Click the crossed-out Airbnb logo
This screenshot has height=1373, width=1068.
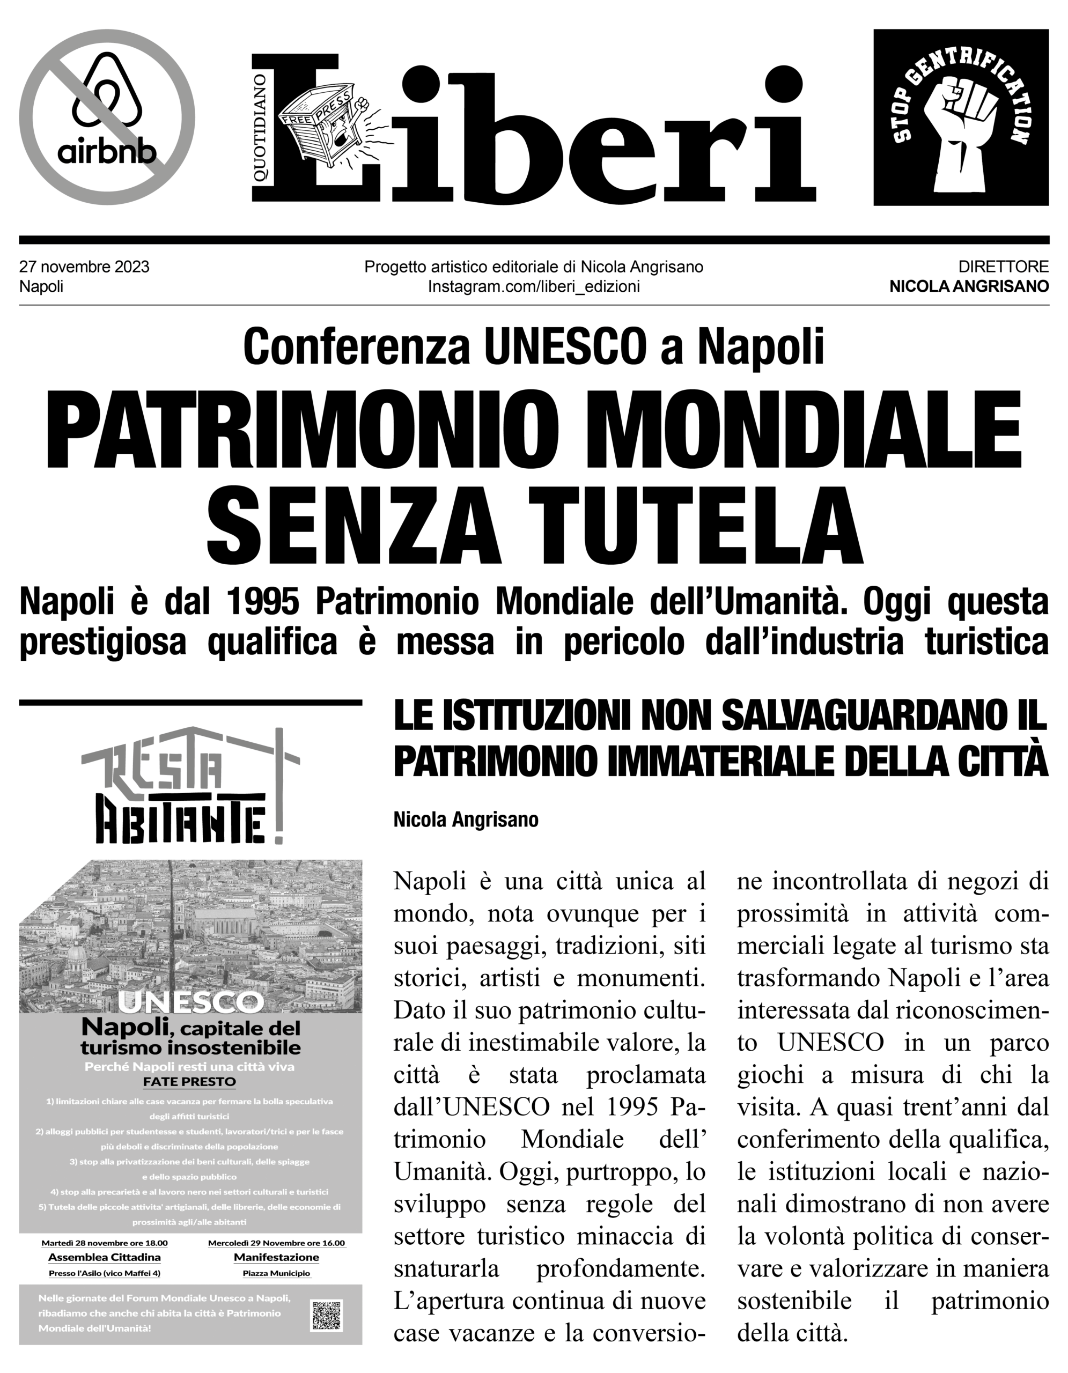[x=107, y=117]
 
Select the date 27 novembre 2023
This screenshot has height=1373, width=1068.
[x=84, y=267]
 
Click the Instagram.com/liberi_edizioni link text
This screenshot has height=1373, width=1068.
[x=534, y=287]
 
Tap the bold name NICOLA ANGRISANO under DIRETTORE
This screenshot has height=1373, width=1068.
[x=969, y=287]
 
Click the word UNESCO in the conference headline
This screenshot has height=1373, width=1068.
[x=563, y=346]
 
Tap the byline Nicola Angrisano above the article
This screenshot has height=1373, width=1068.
[x=466, y=821]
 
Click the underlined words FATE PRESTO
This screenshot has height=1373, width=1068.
[x=189, y=1082]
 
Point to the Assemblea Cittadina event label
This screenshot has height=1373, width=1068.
[x=105, y=1257]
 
